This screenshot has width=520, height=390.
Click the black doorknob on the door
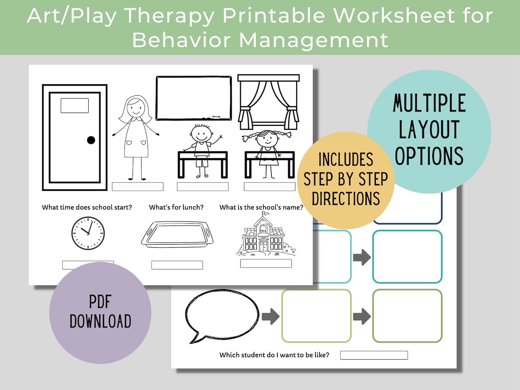91,140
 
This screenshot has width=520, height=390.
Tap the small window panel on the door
75,105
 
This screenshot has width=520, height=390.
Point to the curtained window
268,102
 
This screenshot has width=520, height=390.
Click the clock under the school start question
88,233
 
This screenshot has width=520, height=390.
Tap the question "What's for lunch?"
176,207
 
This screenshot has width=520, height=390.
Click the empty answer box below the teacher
138,187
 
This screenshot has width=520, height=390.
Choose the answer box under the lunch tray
177,265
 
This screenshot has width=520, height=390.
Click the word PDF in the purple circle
100,302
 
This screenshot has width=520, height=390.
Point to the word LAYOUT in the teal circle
429,130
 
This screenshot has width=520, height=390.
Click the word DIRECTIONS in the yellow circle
346,199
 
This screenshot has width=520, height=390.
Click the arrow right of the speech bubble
270,316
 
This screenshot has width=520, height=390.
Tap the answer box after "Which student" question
374,355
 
